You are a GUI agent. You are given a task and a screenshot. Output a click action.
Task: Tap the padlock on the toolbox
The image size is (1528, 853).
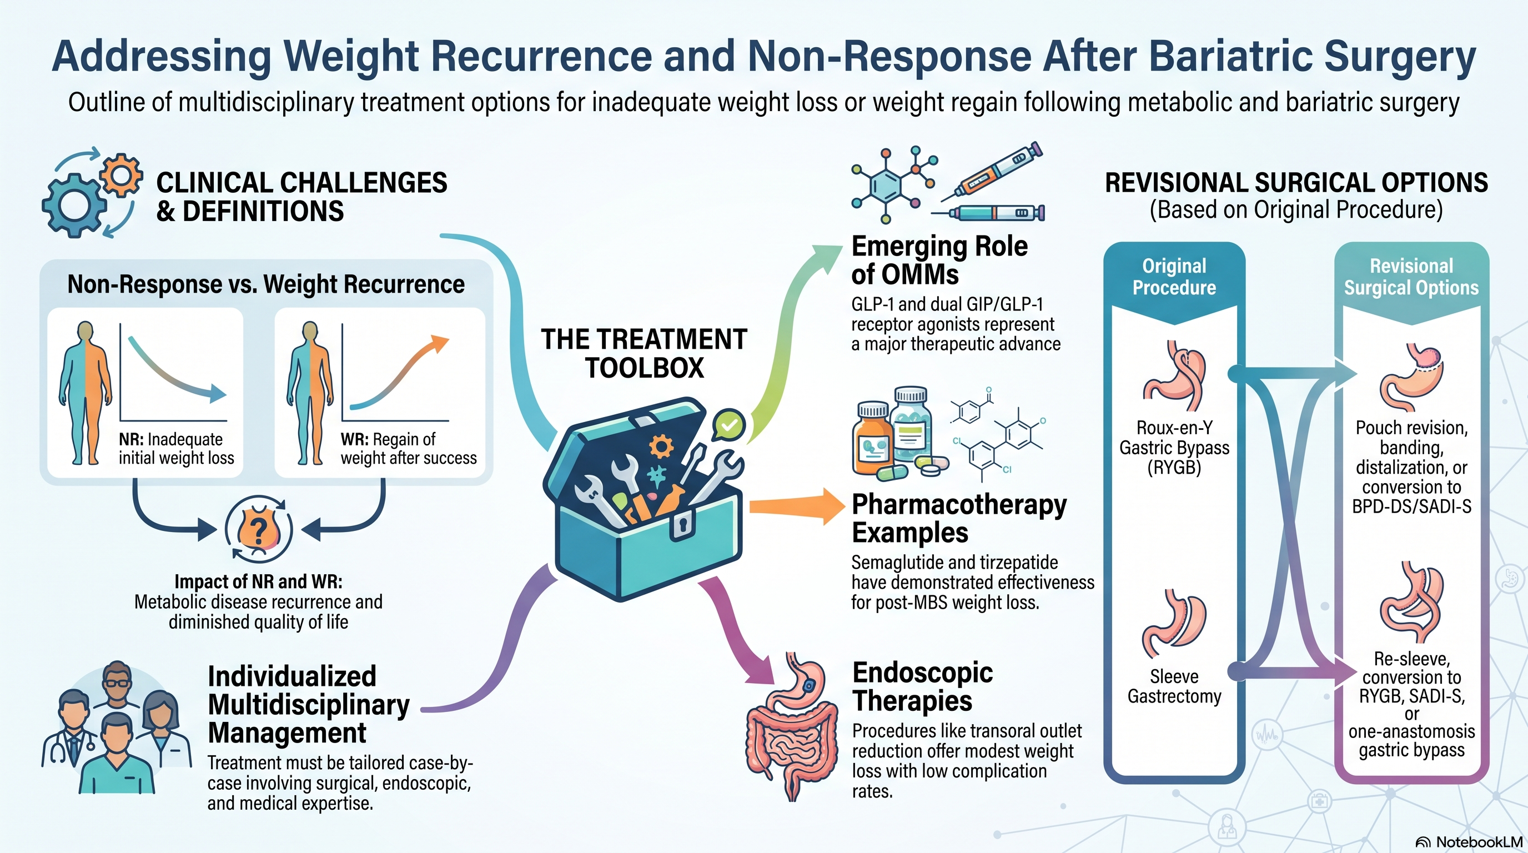682,525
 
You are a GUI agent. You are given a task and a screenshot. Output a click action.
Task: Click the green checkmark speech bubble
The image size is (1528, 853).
728,425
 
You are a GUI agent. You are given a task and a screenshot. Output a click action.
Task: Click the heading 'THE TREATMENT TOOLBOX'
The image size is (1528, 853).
644,354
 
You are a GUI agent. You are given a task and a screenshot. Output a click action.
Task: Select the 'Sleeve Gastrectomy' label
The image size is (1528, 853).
1174,686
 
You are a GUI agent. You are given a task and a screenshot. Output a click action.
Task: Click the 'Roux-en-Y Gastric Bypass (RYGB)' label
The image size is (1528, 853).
1174,447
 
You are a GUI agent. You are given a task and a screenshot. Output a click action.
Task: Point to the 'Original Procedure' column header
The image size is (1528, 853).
1174,277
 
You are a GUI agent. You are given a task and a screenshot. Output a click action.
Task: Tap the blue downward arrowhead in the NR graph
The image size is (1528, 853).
218,394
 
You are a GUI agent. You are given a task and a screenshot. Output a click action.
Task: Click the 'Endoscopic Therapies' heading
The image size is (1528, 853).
922,686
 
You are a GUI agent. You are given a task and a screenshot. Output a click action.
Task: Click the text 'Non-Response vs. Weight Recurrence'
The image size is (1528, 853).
266,284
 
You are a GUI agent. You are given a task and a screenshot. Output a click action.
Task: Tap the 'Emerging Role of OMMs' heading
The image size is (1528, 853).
939,260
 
